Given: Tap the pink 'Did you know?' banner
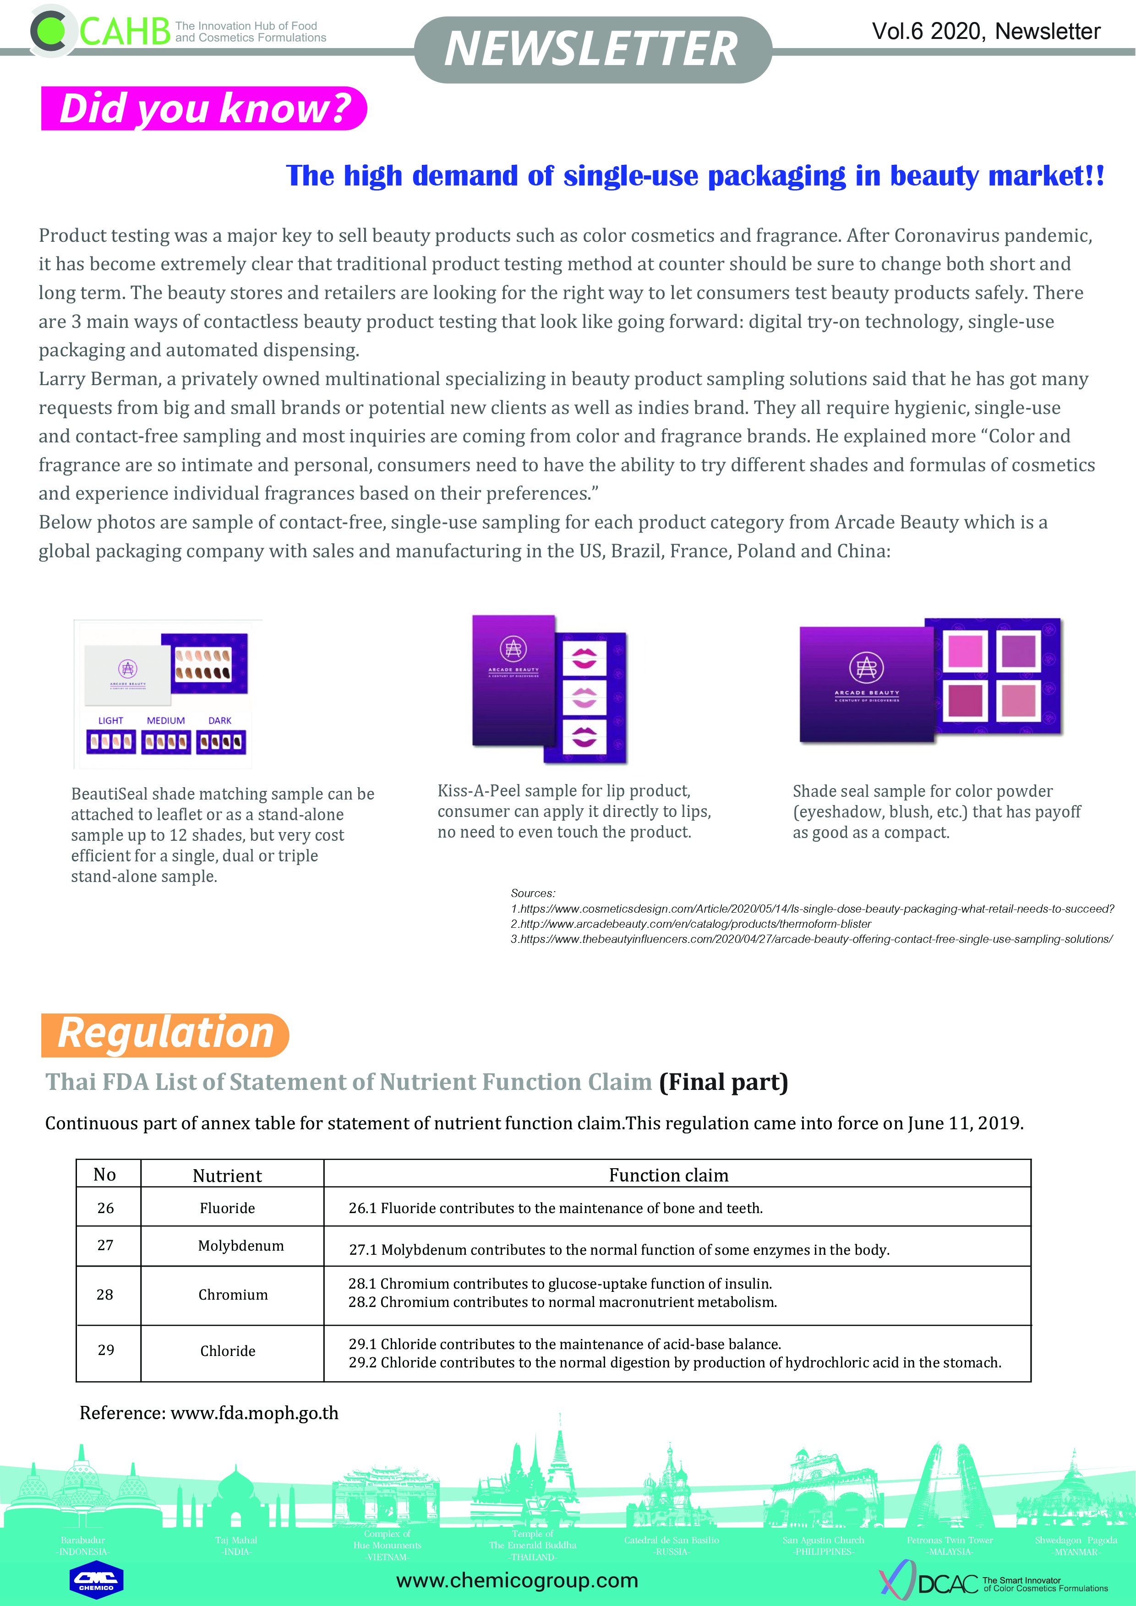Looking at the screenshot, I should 203,109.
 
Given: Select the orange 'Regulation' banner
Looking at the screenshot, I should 165,1034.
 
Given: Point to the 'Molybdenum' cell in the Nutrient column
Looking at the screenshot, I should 240,1246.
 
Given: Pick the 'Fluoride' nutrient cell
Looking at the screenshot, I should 227,1208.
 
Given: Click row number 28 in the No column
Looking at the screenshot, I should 105,1295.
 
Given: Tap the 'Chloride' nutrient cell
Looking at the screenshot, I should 228,1350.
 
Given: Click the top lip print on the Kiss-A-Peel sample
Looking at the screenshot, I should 584,658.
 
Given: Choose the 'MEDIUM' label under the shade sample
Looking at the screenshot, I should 166,720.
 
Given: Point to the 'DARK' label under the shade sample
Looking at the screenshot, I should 220,720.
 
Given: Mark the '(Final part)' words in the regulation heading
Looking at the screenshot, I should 723,1082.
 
